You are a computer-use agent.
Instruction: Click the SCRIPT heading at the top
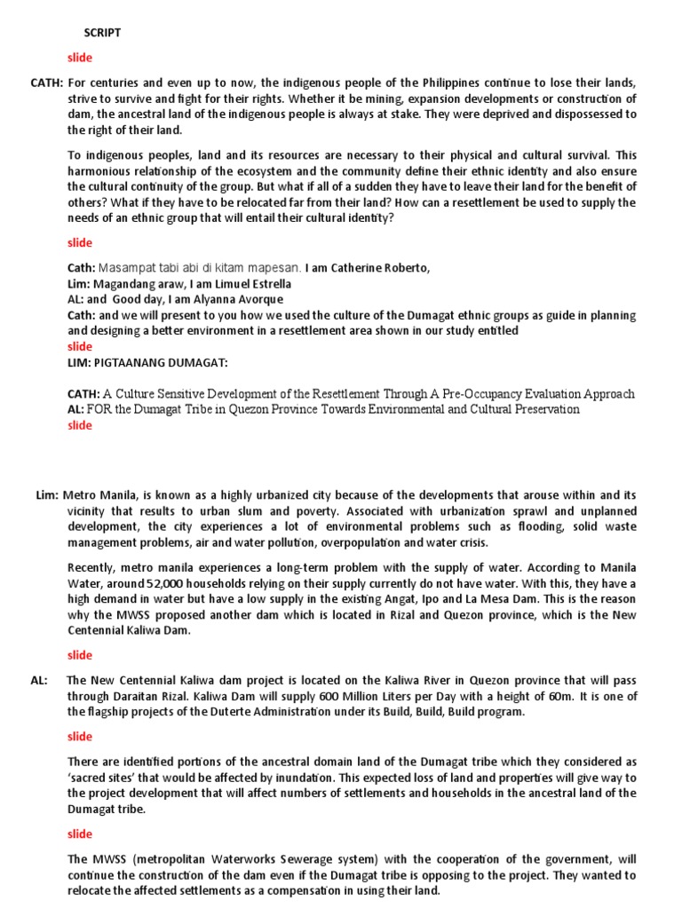(102, 33)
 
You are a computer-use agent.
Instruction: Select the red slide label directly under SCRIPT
(80, 58)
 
